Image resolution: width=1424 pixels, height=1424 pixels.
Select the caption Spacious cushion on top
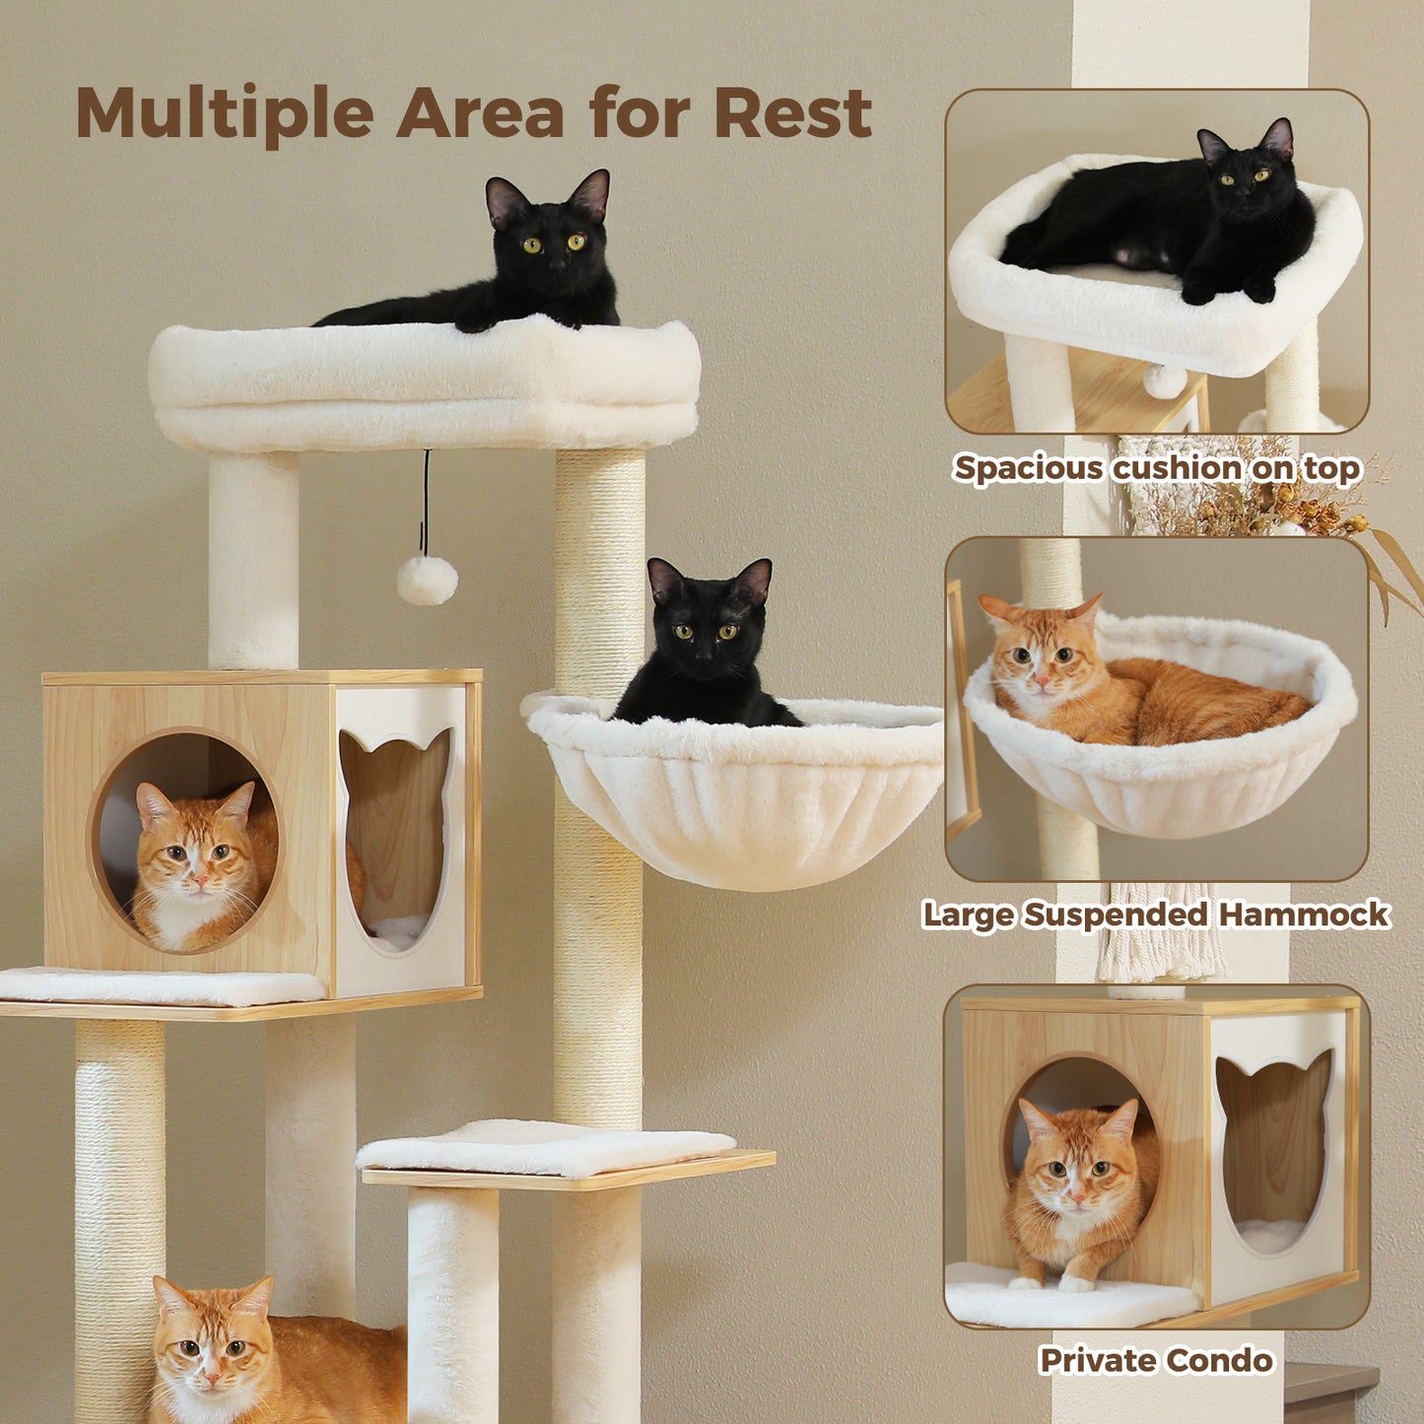[1157, 468]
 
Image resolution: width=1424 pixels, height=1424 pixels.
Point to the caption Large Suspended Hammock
[1155, 915]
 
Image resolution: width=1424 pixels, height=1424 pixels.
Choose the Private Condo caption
[1156, 1361]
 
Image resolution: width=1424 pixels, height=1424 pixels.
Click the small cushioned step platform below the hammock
[548, 1148]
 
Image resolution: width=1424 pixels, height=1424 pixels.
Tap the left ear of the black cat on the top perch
[506, 200]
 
